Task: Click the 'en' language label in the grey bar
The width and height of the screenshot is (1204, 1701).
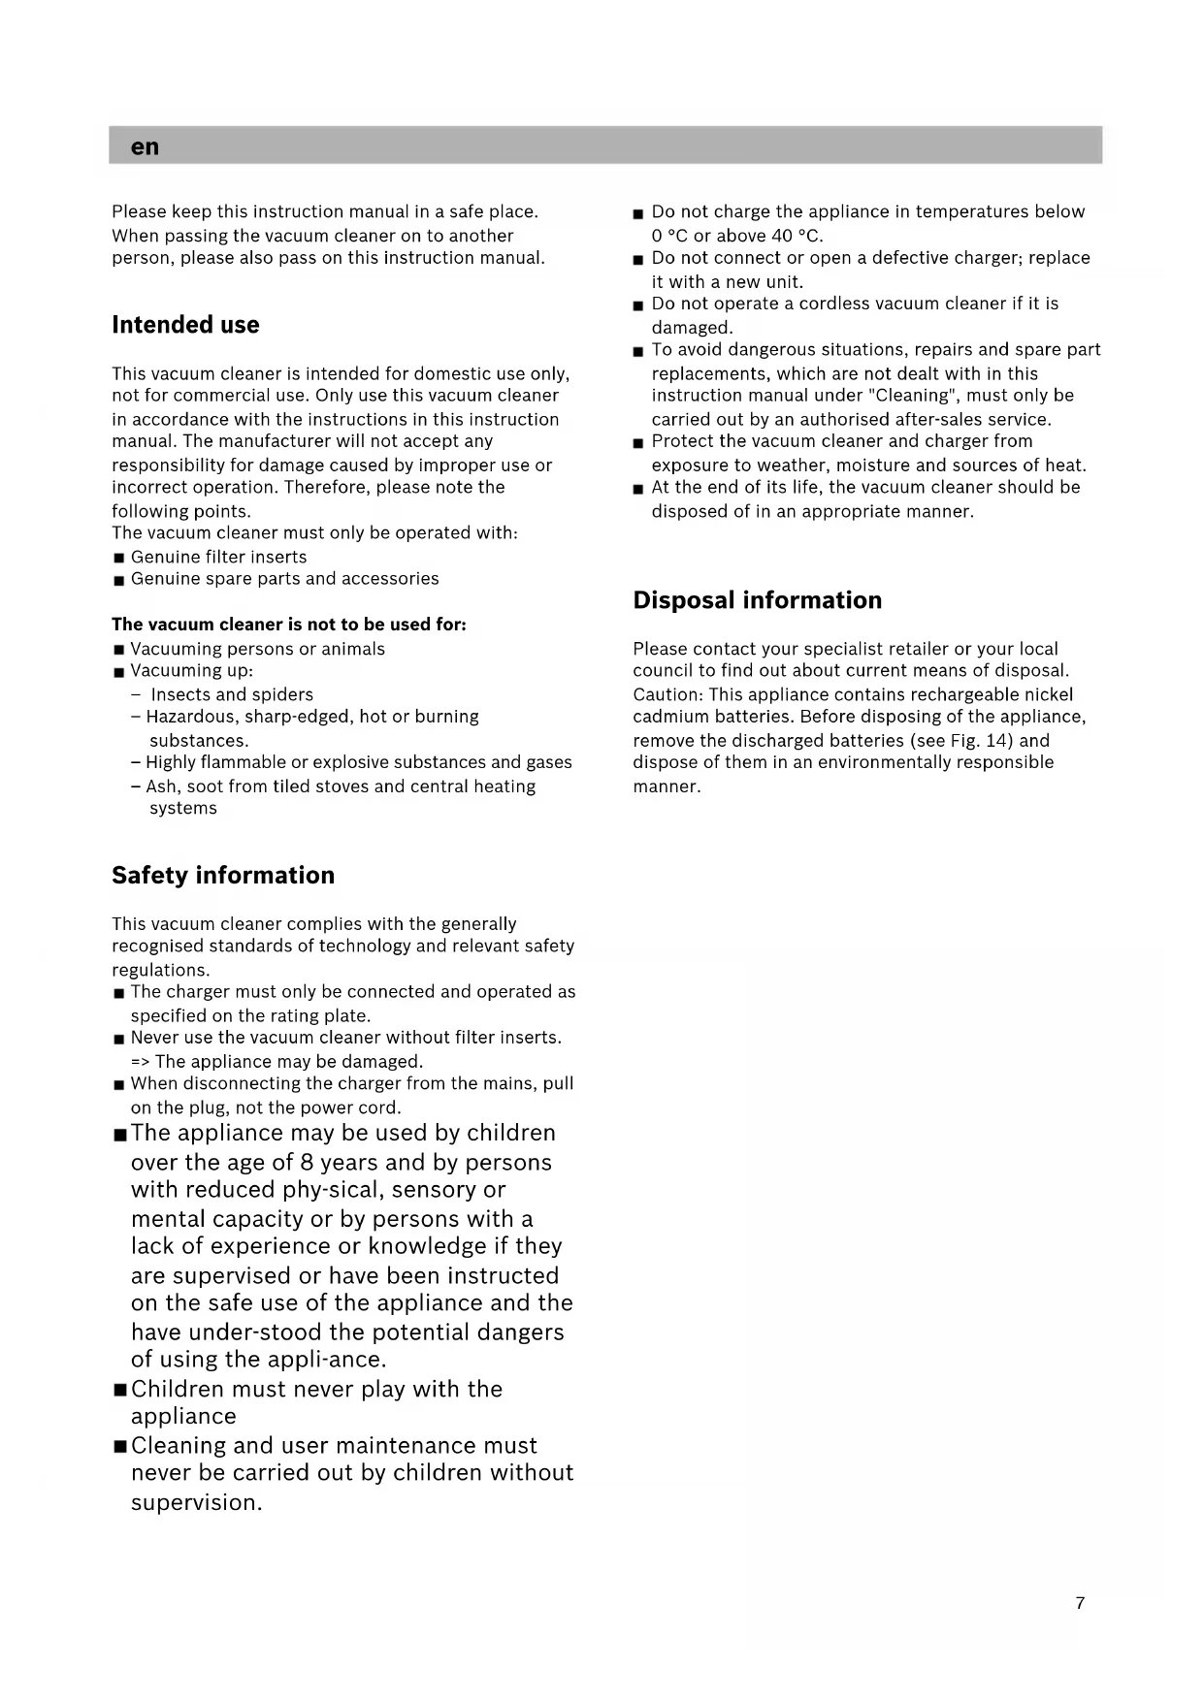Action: (x=145, y=146)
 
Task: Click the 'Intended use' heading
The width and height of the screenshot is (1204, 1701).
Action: (x=185, y=325)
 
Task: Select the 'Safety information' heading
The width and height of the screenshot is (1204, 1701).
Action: (x=223, y=875)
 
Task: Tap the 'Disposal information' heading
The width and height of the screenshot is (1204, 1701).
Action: (x=757, y=600)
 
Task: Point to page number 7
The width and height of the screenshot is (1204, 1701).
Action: (x=1080, y=1603)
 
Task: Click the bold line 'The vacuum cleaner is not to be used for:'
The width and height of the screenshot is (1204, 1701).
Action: (x=288, y=625)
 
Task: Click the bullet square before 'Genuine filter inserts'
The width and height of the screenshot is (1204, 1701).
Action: (x=119, y=558)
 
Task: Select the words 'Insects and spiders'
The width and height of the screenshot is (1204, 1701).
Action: (x=232, y=694)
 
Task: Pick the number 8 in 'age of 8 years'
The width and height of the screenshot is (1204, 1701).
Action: (x=307, y=1162)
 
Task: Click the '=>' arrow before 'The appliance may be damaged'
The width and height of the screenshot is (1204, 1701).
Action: (x=140, y=1062)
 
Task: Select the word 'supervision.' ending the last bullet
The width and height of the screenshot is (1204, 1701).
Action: (x=197, y=1502)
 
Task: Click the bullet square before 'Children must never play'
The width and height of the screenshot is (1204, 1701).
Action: (x=120, y=1390)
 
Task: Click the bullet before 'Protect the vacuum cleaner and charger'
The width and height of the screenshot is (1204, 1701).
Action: (x=638, y=443)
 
